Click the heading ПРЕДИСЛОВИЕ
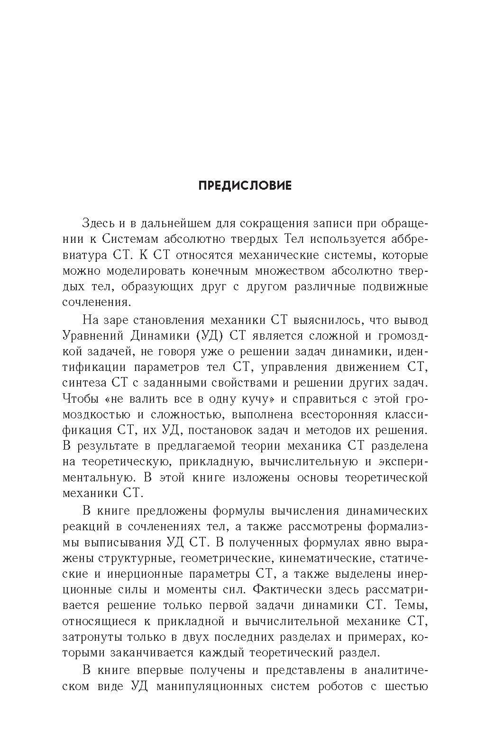[x=245, y=185]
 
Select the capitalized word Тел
[x=297, y=239]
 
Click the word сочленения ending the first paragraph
[x=95, y=303]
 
